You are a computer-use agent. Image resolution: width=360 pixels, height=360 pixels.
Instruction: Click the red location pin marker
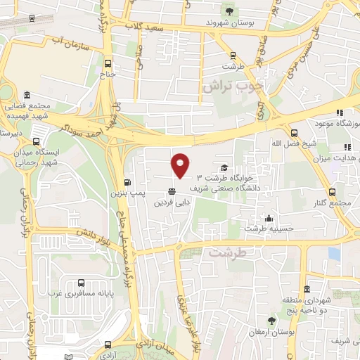pos(181,165)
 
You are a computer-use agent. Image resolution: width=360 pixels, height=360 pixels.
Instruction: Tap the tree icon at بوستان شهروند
pos(229,10)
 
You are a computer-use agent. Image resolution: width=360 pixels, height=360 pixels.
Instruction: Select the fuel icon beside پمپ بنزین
pos(127,179)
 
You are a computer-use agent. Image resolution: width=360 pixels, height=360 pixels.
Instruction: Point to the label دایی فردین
pos(169,202)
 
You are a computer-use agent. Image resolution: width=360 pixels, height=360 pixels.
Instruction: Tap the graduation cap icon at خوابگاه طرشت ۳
pos(224,167)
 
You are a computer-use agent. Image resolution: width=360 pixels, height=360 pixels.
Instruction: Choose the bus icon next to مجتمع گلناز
pos(332,191)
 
